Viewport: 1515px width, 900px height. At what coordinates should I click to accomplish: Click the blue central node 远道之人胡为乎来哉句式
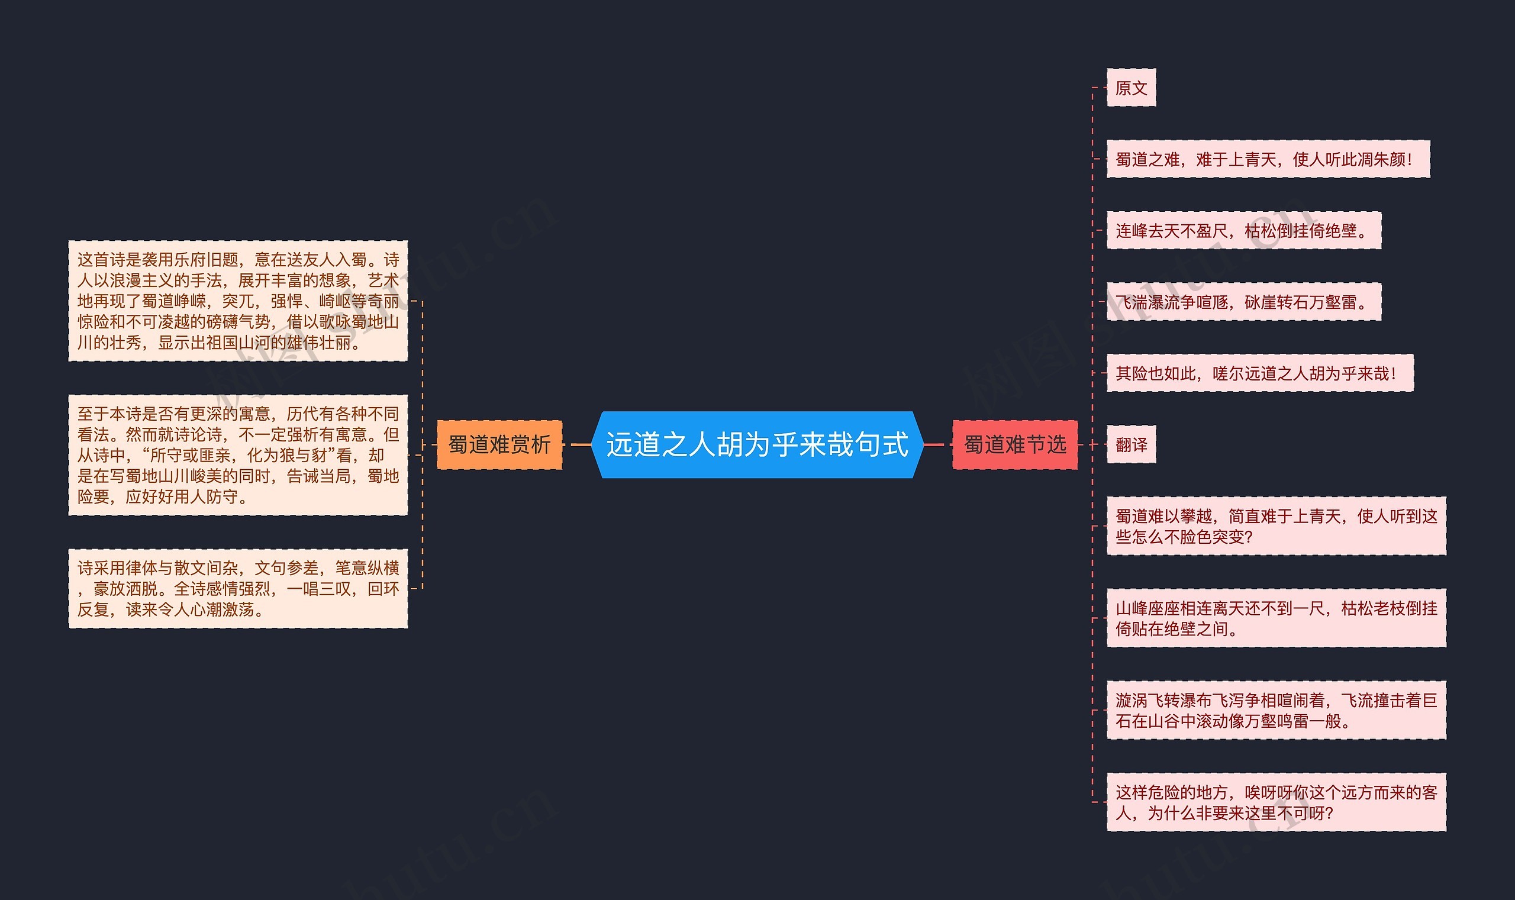pyautogui.click(x=757, y=444)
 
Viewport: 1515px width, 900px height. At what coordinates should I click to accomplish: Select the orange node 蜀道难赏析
pyautogui.click(x=499, y=444)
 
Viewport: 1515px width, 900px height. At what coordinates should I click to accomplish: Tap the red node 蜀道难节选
pyautogui.click(x=1015, y=444)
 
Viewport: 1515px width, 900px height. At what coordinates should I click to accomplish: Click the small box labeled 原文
pyautogui.click(x=1131, y=88)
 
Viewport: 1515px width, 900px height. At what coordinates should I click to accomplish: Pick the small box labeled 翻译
pyautogui.click(x=1131, y=444)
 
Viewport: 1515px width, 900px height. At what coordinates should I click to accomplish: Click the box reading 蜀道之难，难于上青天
pyautogui.click(x=1268, y=160)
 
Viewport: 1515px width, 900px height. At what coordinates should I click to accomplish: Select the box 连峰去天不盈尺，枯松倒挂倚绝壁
pyautogui.click(x=1243, y=230)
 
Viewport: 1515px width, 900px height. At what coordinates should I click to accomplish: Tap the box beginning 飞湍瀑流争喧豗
pyautogui.click(x=1243, y=302)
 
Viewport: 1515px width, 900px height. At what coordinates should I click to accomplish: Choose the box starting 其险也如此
pyautogui.click(x=1260, y=373)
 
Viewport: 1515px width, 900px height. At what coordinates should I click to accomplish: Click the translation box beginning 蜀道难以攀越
pyautogui.click(x=1276, y=526)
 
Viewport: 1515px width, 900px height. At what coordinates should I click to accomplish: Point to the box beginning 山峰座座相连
pyautogui.click(x=1276, y=618)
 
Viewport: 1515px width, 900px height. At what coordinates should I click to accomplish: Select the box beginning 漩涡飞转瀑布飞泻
pyautogui.click(x=1276, y=710)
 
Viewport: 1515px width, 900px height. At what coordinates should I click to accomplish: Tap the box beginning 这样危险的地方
pyautogui.click(x=1276, y=802)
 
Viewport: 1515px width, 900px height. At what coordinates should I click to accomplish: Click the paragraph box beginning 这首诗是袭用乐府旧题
pyautogui.click(x=238, y=301)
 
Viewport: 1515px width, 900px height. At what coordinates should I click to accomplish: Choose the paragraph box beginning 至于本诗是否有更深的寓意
pyautogui.click(x=238, y=455)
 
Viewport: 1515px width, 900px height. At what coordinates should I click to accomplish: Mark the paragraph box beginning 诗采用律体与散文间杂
pyautogui.click(x=238, y=588)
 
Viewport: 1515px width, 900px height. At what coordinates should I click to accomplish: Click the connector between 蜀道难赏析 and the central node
pyautogui.click(x=581, y=444)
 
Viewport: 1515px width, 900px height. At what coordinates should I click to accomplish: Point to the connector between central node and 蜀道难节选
pyautogui.click(x=937, y=444)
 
